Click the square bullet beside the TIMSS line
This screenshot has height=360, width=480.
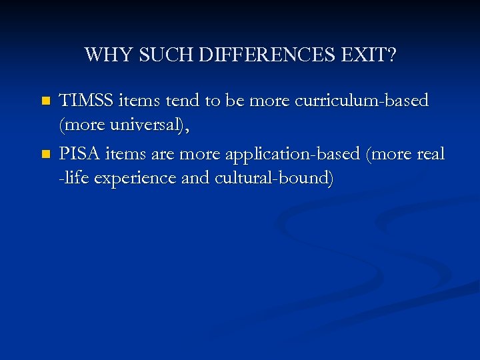pyautogui.click(x=45, y=101)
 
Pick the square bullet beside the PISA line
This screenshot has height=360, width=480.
pyautogui.click(x=45, y=155)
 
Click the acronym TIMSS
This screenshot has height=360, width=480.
pyautogui.click(x=87, y=101)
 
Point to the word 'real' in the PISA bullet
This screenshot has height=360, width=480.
pyautogui.click(x=431, y=154)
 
